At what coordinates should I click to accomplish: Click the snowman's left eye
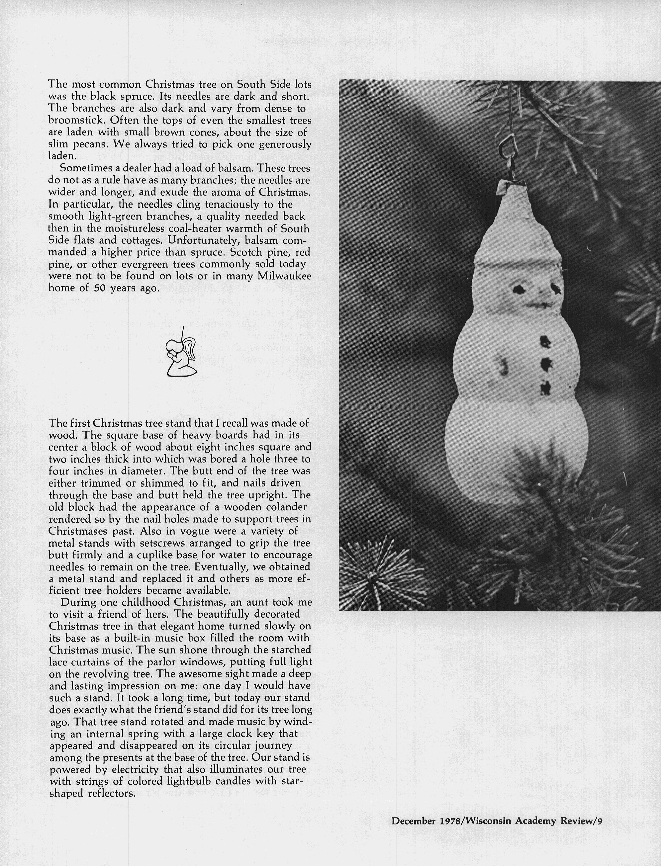(x=519, y=290)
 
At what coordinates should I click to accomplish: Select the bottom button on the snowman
(x=545, y=389)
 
